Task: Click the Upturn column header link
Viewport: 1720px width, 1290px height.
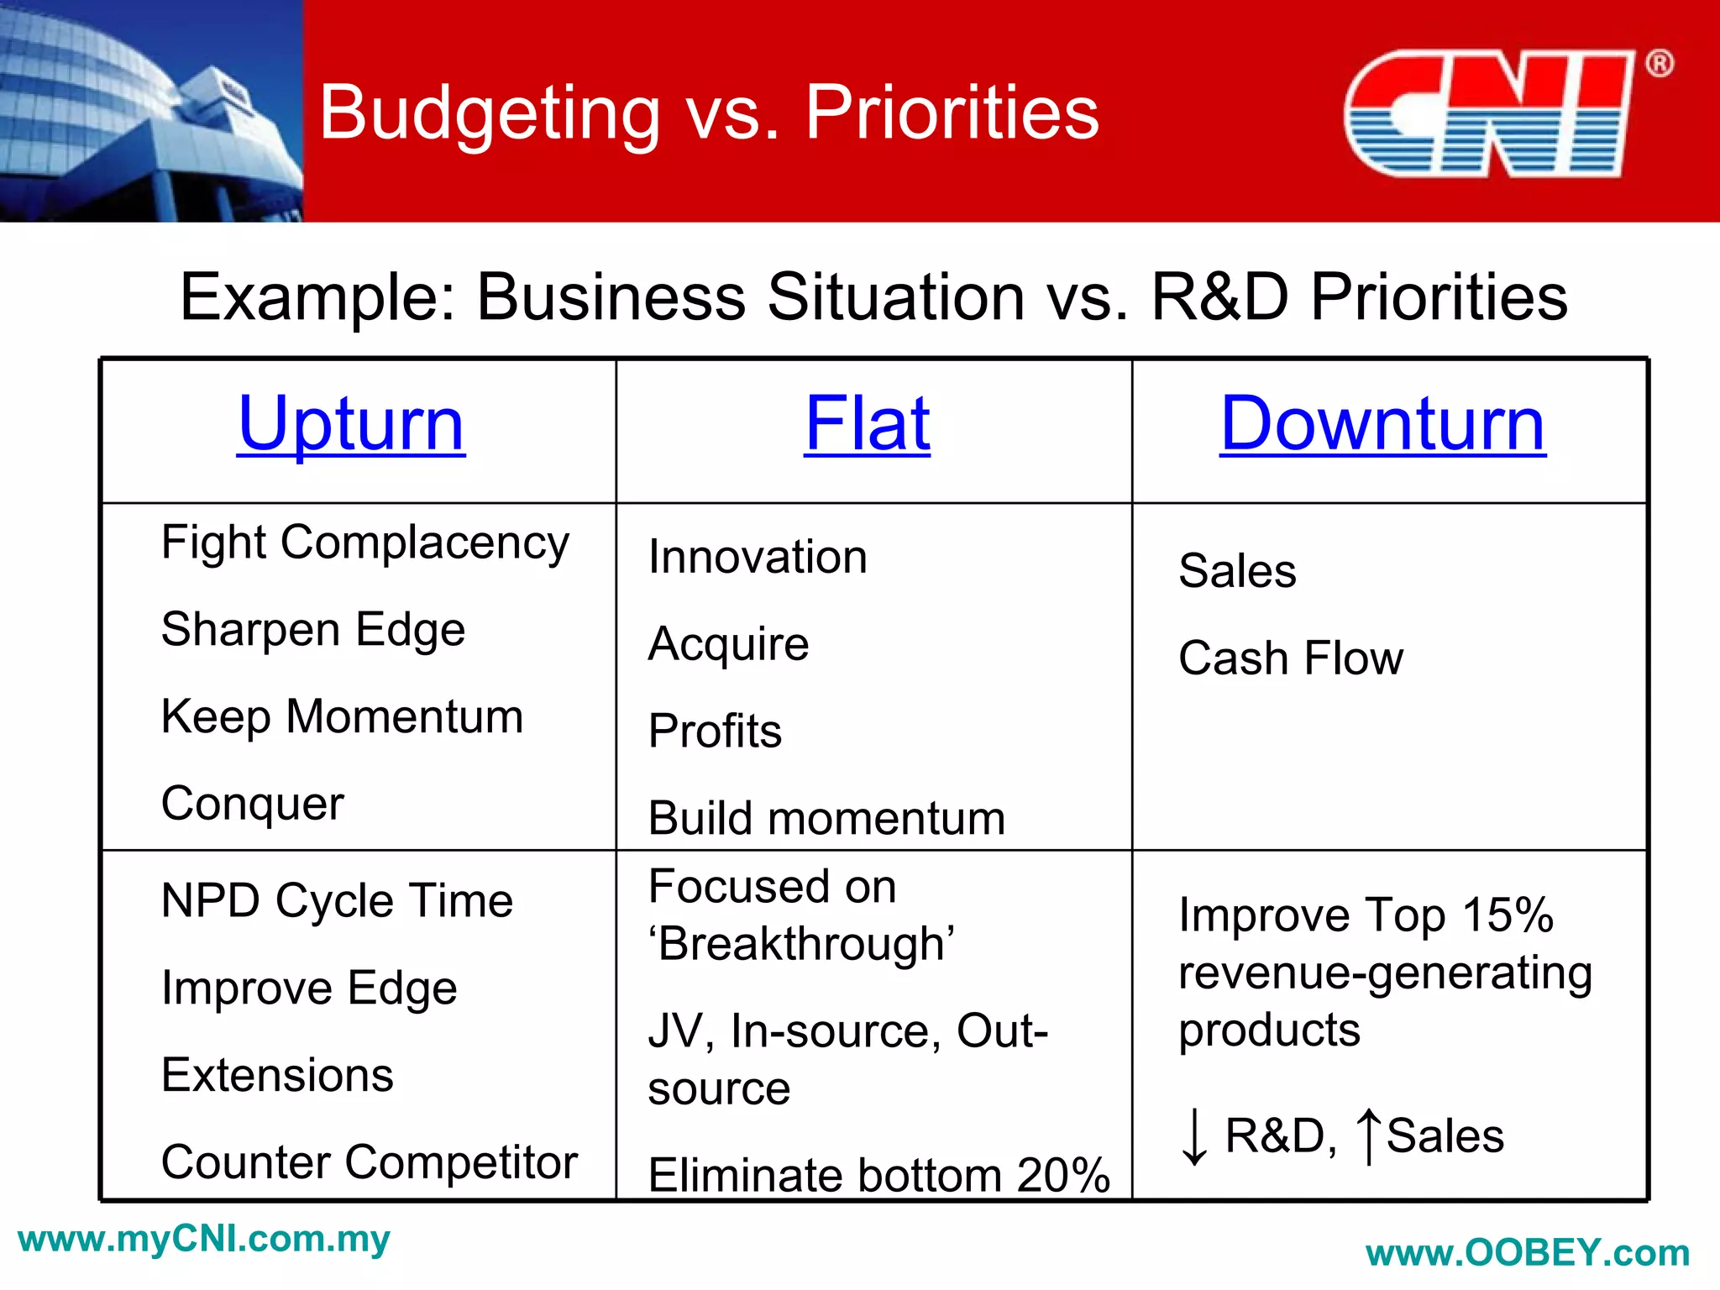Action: coord(351,424)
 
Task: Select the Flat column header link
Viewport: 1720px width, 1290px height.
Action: coord(867,424)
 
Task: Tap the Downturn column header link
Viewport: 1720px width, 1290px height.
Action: coord(1382,424)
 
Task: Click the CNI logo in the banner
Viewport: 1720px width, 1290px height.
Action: coord(1488,113)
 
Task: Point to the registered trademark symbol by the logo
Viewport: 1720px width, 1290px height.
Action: coord(1659,64)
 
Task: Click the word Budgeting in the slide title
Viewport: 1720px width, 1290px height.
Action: coord(490,113)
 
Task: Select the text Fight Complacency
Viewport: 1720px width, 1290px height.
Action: coord(364,543)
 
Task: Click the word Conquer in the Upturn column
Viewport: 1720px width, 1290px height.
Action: coord(252,804)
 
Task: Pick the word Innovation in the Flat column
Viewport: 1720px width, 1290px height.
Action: coord(758,557)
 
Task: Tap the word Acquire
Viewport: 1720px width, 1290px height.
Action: coord(728,644)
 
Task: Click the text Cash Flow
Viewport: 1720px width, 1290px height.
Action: coord(1290,658)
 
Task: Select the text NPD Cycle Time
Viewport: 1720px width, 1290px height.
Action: coord(337,901)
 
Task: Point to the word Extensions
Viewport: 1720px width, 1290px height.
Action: coord(277,1075)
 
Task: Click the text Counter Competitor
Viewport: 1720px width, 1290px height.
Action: coord(370,1162)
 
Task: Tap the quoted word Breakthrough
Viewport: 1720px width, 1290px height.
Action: coord(802,944)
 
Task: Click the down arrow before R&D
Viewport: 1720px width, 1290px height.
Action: coord(1193,1136)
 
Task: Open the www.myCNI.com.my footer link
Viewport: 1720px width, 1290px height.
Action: coord(204,1240)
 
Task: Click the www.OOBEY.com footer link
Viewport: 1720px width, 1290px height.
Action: coord(1528,1253)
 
